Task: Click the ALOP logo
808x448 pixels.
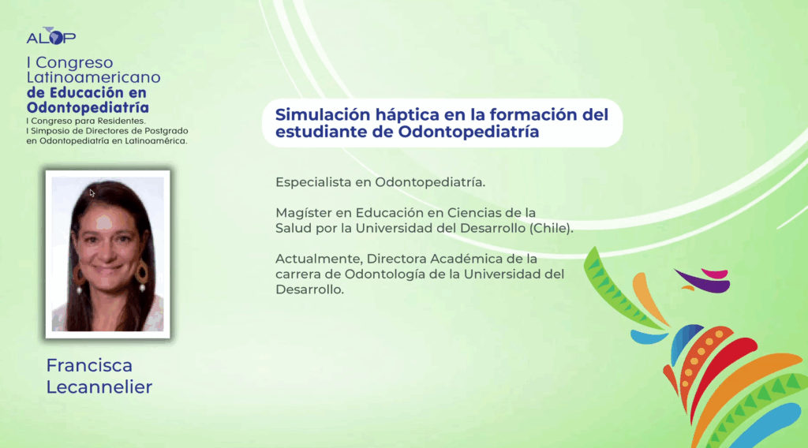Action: coord(51,36)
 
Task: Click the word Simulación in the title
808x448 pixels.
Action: coord(322,115)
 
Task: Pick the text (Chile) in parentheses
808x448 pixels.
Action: coord(551,228)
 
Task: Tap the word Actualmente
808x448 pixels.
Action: coord(319,259)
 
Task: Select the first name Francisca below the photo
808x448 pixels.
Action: coord(89,366)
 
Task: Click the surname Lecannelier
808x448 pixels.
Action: coord(99,387)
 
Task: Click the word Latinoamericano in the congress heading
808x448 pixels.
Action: coord(93,77)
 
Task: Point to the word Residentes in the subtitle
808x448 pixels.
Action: coord(122,121)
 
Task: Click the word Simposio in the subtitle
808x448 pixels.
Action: coord(47,131)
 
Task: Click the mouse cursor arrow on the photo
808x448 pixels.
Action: coord(92,193)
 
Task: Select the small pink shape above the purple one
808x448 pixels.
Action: coord(715,274)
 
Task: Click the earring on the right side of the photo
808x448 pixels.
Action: coord(141,275)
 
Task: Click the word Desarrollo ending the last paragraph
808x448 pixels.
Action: coord(309,289)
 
